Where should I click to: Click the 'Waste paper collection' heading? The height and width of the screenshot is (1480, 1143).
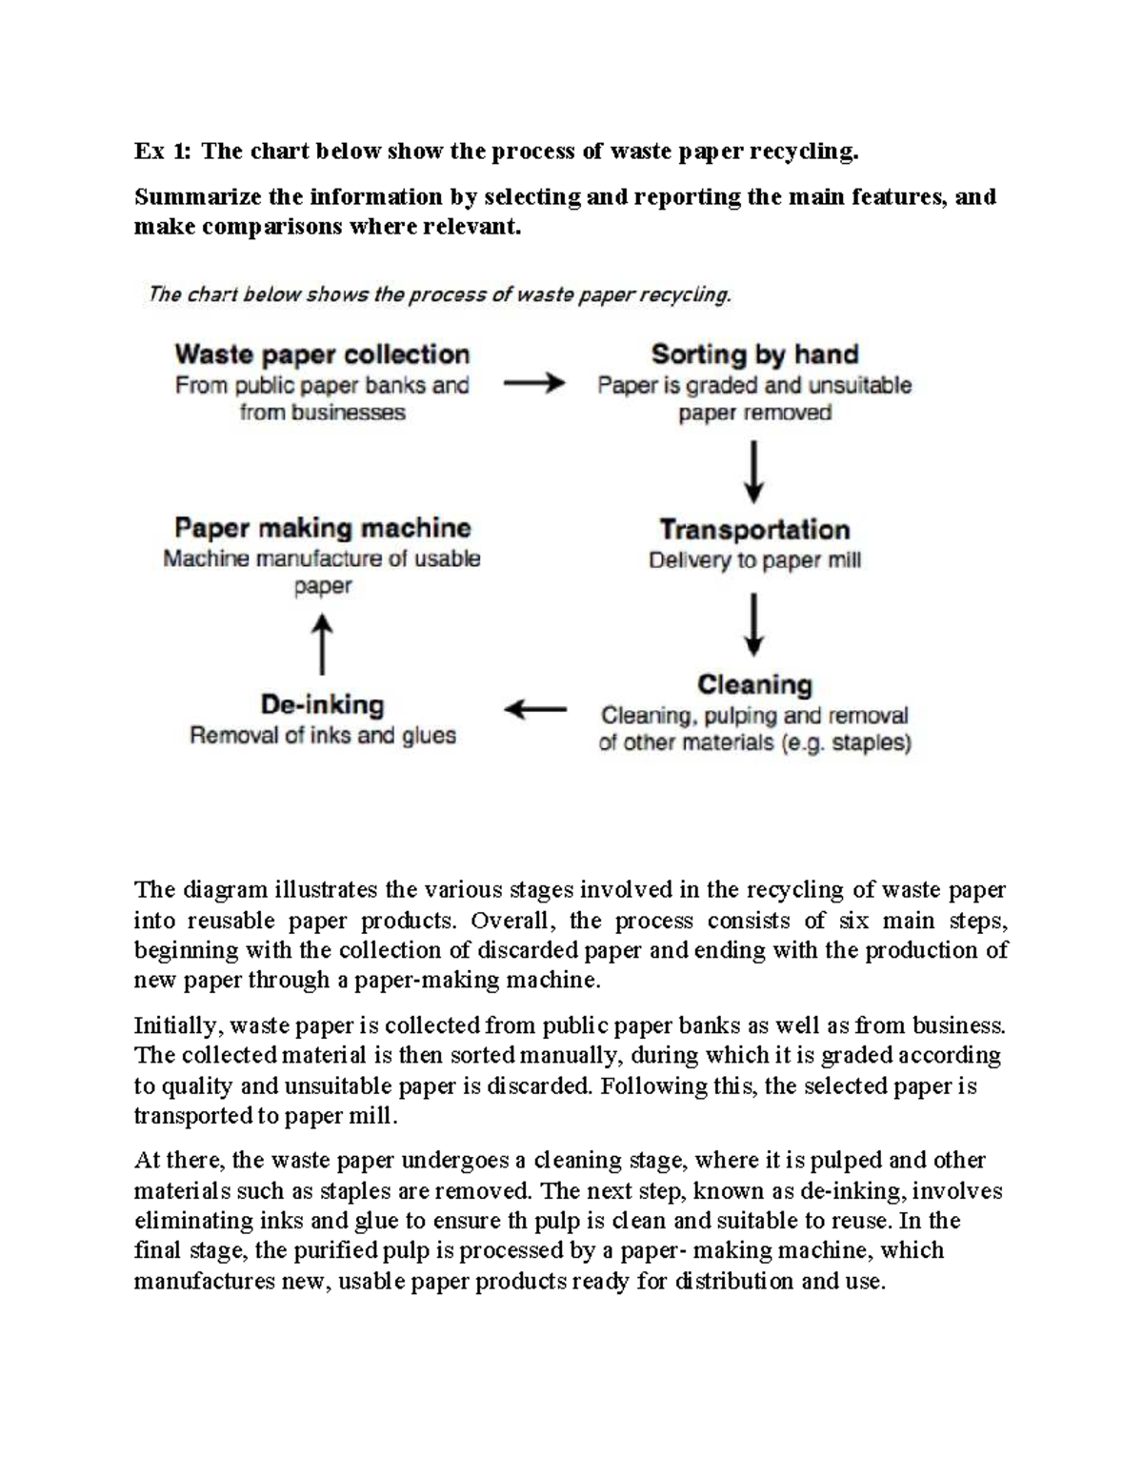(322, 355)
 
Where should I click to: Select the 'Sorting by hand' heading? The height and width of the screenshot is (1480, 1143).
(754, 355)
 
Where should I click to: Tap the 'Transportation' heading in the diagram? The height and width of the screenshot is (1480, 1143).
(754, 530)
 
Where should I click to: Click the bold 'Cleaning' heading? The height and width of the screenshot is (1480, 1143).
(754, 685)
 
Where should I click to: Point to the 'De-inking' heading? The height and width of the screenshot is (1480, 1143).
(322, 705)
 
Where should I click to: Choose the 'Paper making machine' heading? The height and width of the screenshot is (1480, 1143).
(322, 528)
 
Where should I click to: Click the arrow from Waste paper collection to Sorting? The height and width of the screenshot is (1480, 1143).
(533, 384)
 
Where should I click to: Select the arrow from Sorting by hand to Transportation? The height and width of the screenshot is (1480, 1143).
(753, 471)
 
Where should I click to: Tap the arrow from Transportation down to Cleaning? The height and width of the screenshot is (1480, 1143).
(753, 624)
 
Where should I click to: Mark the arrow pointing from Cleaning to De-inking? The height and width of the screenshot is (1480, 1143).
(534, 710)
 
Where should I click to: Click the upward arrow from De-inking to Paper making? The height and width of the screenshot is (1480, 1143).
(323, 643)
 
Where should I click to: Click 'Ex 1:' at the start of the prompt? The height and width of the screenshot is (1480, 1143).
(162, 152)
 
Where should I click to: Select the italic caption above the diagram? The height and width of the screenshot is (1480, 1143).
(439, 294)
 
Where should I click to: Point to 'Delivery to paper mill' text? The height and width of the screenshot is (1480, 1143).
(754, 560)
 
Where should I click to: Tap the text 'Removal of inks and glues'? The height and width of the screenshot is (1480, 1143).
(322, 736)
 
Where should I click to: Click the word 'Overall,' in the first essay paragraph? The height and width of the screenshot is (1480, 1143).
(510, 921)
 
